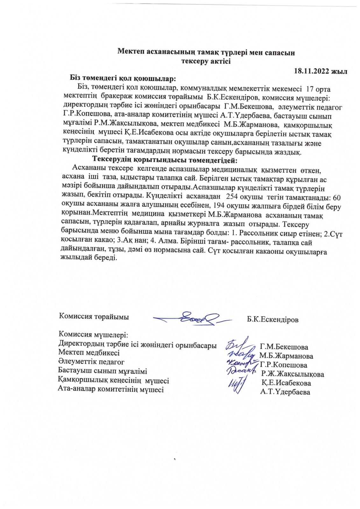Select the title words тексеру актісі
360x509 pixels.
[x=206, y=61]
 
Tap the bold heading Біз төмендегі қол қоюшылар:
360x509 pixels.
[x=123, y=78]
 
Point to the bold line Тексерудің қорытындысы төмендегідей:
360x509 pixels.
[x=165, y=159]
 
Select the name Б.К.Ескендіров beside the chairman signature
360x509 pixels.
[x=272, y=319]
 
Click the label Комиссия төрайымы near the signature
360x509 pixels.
[x=94, y=317]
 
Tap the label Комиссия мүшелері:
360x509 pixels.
[x=93, y=335]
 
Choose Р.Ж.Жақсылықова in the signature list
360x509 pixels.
[x=293, y=374]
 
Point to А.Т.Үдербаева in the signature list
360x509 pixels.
[x=285, y=392]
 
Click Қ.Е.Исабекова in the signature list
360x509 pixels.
[x=286, y=383]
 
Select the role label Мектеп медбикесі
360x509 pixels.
[x=89, y=352]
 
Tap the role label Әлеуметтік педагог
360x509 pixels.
[x=91, y=362]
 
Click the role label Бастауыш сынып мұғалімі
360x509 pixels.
[x=102, y=371]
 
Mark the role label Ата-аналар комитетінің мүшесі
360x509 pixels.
[x=111, y=389]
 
